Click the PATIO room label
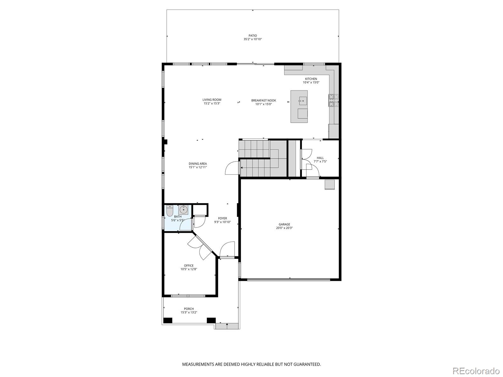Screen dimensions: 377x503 tap(252, 36)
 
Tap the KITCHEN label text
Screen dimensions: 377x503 tap(311, 79)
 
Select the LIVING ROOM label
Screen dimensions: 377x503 tap(212, 100)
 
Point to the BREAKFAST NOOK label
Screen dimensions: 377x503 tap(263, 101)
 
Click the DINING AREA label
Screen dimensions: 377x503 tap(198, 164)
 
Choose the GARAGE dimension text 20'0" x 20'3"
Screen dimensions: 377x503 tap(284, 228)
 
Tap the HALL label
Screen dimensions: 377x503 tap(320, 158)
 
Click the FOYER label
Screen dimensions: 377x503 tap(223, 218)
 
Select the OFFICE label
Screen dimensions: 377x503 tap(189, 265)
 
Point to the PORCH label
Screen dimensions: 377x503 tap(189, 309)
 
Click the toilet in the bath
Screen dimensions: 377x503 tap(170, 211)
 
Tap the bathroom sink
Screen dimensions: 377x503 tap(183, 210)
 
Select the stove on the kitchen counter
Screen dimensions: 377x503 tap(334, 101)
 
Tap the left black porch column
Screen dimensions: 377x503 tap(168, 320)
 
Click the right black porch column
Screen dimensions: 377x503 tap(211, 320)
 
